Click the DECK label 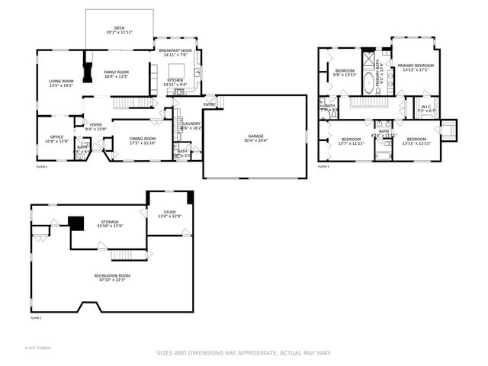[120, 27]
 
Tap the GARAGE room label [255, 136]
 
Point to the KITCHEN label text [175, 80]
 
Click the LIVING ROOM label [61, 81]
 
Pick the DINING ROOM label [143, 138]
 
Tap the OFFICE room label [56, 137]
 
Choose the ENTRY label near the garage [209, 104]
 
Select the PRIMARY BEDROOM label [416, 66]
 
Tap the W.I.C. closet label [426, 106]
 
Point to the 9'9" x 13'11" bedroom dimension [345, 75]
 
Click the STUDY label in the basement [169, 212]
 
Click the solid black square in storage [75, 223]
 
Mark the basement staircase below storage [129, 255]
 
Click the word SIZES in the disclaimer [165, 353]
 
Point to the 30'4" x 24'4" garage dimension [255, 141]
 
